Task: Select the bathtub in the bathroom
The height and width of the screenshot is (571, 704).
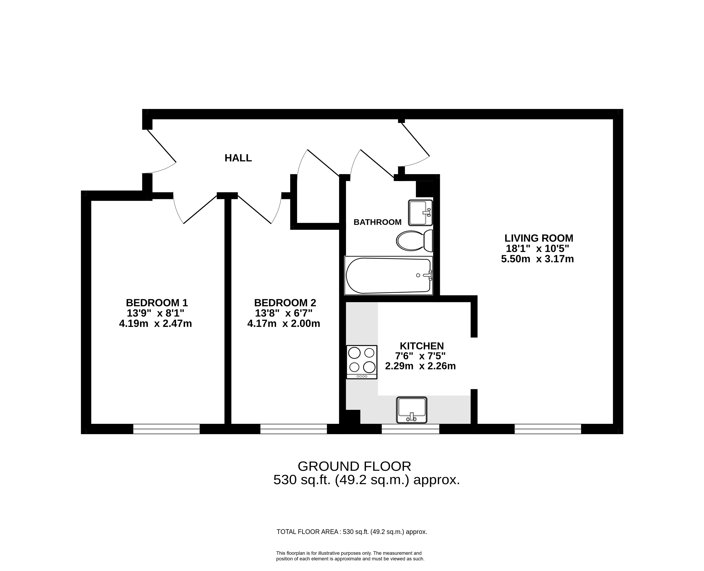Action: [x=388, y=275]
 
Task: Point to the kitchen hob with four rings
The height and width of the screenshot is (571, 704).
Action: [x=361, y=362]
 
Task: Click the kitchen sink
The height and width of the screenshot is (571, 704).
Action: [x=411, y=410]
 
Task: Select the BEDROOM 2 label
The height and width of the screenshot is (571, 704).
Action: [x=285, y=303]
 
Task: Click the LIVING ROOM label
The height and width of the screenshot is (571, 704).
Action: [x=539, y=238]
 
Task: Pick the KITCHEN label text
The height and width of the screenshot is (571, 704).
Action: [x=422, y=346]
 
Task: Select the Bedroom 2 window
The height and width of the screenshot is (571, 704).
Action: [x=293, y=429]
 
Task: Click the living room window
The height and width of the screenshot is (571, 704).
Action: [x=548, y=429]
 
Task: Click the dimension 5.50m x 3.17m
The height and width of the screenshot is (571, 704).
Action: [x=537, y=259]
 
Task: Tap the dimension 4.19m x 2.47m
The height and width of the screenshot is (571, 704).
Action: [x=155, y=324]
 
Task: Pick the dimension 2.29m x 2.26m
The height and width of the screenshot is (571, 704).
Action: [x=420, y=366]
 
